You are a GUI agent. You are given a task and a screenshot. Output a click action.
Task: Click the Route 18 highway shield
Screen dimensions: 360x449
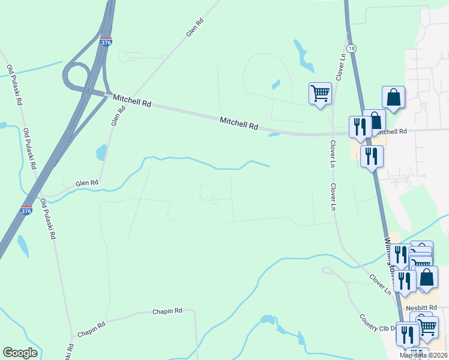[x=351, y=48]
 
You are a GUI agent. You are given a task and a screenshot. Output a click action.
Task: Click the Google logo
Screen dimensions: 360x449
[x=20, y=353]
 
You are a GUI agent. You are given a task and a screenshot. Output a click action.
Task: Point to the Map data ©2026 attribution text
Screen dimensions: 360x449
[x=424, y=355]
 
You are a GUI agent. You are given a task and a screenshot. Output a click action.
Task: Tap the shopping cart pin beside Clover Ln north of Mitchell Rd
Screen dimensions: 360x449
[x=320, y=94]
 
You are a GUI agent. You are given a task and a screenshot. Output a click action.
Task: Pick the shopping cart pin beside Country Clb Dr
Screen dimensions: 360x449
[x=427, y=327]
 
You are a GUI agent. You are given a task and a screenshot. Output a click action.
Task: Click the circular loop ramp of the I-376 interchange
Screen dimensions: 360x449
[x=76, y=77]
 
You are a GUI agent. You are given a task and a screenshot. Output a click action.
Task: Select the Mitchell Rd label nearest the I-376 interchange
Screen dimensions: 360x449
[x=132, y=101]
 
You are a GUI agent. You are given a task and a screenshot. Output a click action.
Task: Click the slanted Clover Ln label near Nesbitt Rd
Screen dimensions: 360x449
[x=380, y=283]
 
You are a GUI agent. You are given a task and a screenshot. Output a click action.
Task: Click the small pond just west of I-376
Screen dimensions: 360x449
[x=23, y=245]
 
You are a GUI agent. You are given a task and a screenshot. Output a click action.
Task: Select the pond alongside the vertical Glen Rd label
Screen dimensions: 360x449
[x=101, y=152]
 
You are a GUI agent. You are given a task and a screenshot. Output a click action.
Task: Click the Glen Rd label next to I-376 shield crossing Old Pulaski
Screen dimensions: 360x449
[x=86, y=184]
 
